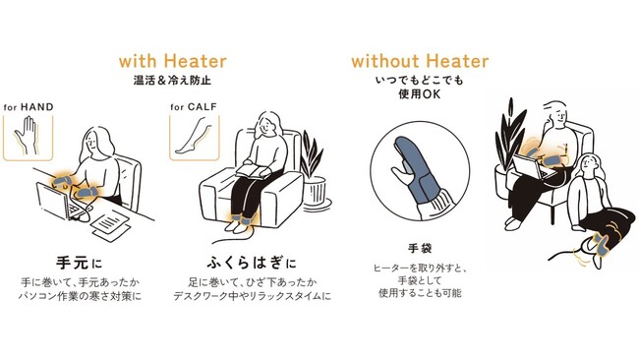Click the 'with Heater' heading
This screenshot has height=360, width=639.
[173, 61]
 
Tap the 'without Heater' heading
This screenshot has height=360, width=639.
[420, 61]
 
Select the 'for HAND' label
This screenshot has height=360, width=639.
[29, 107]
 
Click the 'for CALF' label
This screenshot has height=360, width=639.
[194, 107]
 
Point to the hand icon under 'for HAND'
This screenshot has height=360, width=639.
[27, 136]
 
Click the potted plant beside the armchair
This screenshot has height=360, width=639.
[314, 171]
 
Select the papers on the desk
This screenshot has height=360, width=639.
[110, 225]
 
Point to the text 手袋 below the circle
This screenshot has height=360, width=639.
[420, 248]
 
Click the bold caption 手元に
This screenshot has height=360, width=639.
[79, 263]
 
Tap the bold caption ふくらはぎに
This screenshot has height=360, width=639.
[252, 263]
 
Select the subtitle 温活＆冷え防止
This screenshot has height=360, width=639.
[173, 80]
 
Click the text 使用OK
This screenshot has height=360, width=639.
[420, 94]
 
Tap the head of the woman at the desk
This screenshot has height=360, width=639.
[96, 143]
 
